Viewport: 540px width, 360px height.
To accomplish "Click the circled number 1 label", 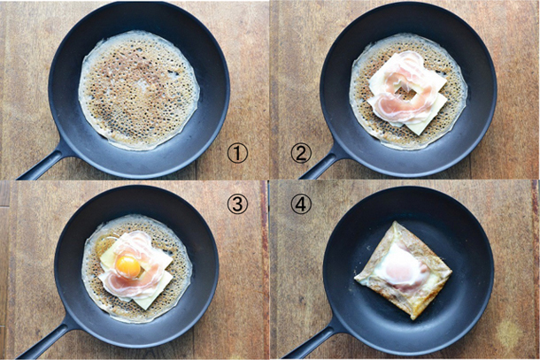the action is click(x=237, y=153).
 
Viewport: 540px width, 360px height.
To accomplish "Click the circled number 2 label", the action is click(x=301, y=153).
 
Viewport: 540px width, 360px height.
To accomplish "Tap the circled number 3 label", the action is click(x=237, y=203).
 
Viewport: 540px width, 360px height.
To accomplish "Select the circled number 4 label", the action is click(x=301, y=203).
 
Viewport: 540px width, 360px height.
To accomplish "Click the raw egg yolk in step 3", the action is click(x=128, y=267).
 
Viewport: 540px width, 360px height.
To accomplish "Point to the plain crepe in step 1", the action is click(x=139, y=90).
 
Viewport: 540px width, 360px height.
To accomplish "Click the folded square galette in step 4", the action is click(x=403, y=270).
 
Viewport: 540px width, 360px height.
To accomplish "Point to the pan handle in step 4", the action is click(x=310, y=341).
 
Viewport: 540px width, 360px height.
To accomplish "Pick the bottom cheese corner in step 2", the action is click(x=418, y=134).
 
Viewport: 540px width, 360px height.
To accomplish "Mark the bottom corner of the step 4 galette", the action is click(x=413, y=319).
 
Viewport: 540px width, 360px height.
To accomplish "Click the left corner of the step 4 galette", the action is click(x=355, y=277).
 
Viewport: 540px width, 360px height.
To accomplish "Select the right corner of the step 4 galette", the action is click(x=451, y=272).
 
